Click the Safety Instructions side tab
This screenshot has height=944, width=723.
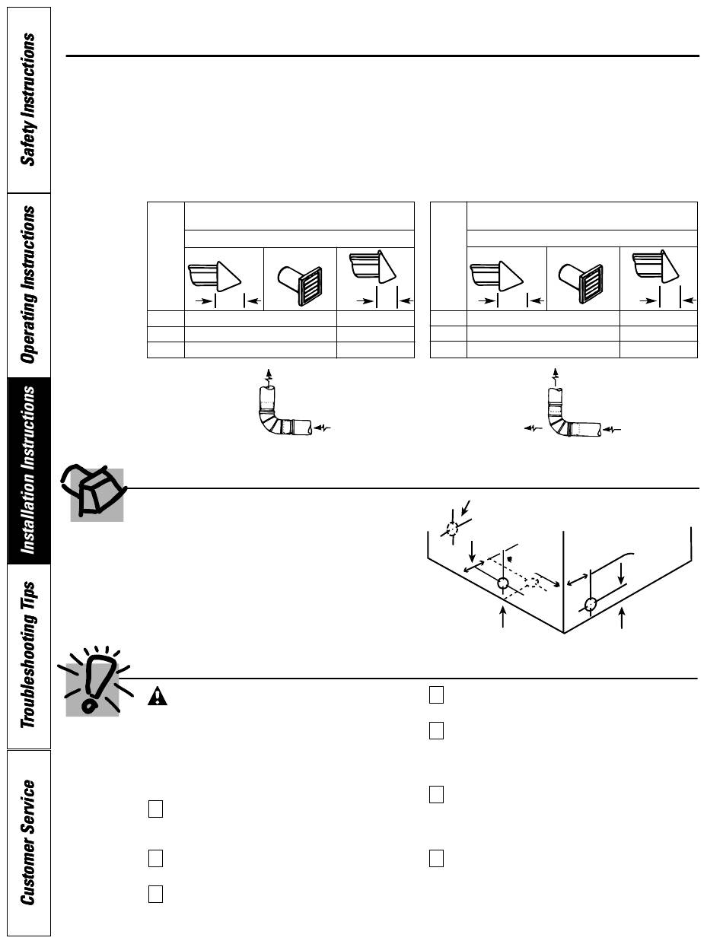coord(28,100)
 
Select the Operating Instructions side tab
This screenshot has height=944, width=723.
coord(28,284)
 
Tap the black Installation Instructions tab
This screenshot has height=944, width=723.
coord(28,470)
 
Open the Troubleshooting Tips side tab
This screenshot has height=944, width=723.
coord(28,655)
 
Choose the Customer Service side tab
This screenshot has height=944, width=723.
coord(28,841)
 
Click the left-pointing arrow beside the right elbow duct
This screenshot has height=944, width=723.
coord(528,429)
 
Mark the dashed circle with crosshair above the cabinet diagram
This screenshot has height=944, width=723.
coord(452,528)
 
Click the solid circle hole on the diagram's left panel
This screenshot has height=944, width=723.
coord(502,584)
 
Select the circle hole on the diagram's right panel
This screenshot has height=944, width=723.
coord(591,605)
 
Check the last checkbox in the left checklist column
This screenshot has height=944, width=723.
coord(154,894)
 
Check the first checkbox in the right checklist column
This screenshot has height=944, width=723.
coord(436,694)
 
